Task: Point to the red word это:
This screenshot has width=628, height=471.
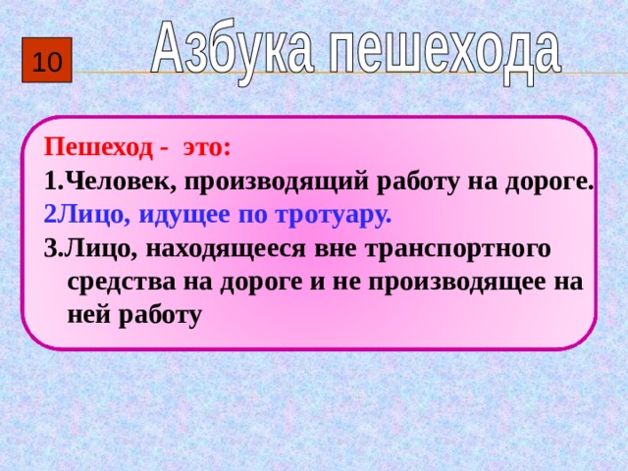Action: (206, 148)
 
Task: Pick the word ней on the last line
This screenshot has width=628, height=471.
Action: (87, 315)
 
